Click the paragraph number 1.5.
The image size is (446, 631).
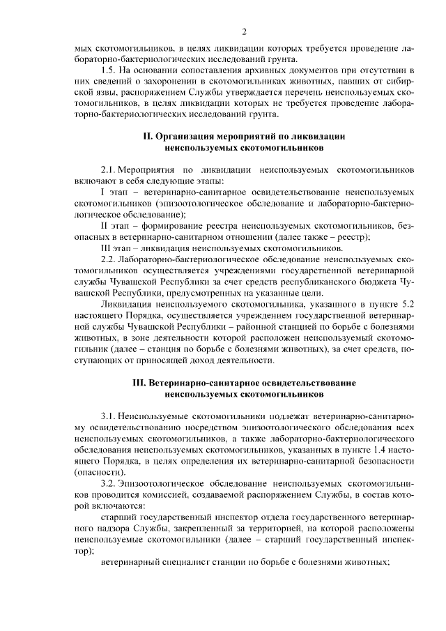coord(109,71)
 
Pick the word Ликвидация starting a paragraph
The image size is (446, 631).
coord(127,304)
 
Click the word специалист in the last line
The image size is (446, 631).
coord(187,562)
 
